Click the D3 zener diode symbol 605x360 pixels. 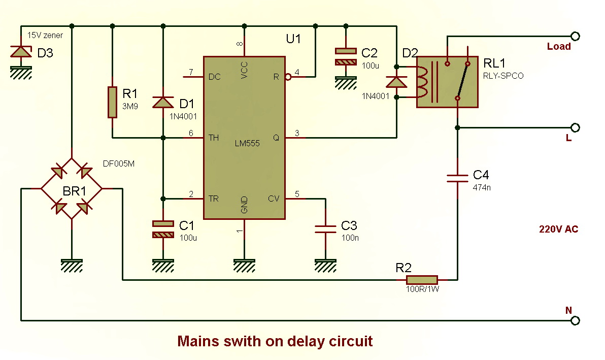(20, 52)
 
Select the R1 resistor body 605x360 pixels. (112, 102)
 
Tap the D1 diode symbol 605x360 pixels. (163, 102)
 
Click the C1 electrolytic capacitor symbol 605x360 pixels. (163, 229)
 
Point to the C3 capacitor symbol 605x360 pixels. (325, 229)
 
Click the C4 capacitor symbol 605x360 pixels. (457, 177)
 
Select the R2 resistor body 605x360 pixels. (422, 280)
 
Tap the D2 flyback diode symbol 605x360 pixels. (396, 82)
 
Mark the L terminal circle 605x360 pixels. (575, 127)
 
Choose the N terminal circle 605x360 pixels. (575, 320)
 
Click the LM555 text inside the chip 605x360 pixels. (247, 143)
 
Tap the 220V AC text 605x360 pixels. (558, 230)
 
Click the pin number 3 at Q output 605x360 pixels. (297, 133)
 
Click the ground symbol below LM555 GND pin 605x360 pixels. (244, 264)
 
